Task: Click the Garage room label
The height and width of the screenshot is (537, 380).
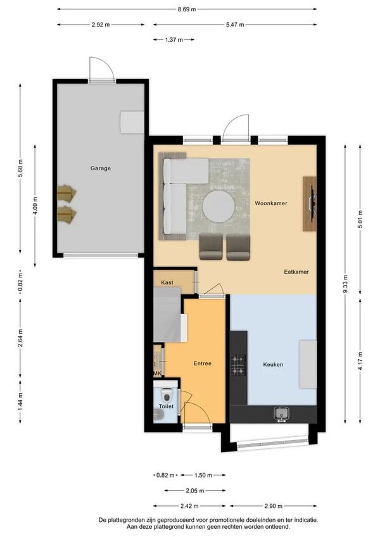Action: click(x=101, y=168)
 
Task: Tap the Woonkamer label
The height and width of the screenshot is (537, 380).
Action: click(x=270, y=203)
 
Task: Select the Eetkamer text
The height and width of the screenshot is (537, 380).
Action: click(x=296, y=272)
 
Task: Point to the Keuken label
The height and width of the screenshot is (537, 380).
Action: click(x=273, y=364)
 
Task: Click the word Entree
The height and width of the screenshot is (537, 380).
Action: click(x=202, y=363)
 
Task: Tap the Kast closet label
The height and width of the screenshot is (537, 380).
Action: click(x=167, y=282)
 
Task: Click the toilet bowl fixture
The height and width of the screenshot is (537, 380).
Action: click(x=167, y=395)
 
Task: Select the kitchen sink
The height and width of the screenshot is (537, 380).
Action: click(x=281, y=413)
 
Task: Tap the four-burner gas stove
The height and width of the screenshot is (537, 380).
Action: click(x=238, y=365)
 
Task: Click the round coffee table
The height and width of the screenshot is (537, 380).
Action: click(x=218, y=206)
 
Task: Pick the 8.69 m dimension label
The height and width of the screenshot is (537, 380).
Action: click(x=187, y=9)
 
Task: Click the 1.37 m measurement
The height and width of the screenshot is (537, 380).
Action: click(x=174, y=40)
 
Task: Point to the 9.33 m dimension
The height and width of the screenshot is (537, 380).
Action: click(x=345, y=284)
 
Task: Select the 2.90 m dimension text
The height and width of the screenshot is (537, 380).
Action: click(x=274, y=506)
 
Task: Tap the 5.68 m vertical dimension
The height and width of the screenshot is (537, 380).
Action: click(x=20, y=168)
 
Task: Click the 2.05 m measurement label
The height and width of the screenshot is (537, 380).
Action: click(x=195, y=491)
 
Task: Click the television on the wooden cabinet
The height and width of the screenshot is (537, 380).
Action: click(x=312, y=203)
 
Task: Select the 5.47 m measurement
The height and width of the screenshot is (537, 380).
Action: click(x=235, y=25)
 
